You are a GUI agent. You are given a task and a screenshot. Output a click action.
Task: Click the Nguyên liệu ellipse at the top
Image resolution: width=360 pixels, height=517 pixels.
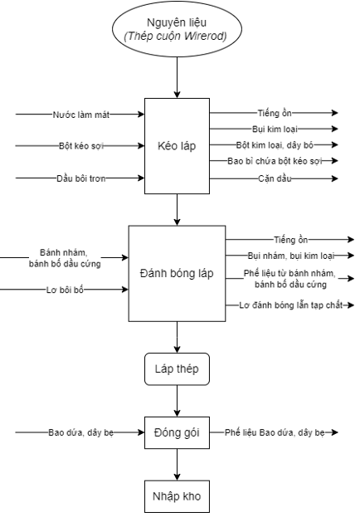(177, 29)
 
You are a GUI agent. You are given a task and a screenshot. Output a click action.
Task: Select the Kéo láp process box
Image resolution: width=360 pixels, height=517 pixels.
(177, 146)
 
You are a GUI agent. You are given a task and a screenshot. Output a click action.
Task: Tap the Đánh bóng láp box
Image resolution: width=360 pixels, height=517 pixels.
(177, 273)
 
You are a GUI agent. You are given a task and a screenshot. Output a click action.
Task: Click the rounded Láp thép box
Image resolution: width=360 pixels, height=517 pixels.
(177, 369)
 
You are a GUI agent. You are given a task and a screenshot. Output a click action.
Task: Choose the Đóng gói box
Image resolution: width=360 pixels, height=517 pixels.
(177, 432)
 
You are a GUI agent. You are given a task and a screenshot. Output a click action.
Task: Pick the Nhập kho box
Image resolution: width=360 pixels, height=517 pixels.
(177, 496)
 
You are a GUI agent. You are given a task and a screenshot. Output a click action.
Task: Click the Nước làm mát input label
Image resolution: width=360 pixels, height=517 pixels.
(81, 115)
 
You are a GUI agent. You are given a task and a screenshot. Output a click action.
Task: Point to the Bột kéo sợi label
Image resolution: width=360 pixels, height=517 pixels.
(81, 146)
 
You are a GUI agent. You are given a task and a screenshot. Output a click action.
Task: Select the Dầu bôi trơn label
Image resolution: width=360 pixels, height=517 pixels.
(81, 178)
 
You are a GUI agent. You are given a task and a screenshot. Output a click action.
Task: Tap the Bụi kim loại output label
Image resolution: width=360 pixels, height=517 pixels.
(275, 129)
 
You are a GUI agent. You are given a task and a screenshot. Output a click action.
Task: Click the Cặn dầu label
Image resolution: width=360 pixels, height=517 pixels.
(275, 178)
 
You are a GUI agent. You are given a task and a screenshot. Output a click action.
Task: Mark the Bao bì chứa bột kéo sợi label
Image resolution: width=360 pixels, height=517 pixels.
(275, 161)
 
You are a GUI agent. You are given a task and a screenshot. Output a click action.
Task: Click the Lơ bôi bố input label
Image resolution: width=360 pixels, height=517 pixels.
(65, 290)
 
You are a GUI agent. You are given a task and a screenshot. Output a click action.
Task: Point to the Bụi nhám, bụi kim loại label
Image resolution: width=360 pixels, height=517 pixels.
(291, 256)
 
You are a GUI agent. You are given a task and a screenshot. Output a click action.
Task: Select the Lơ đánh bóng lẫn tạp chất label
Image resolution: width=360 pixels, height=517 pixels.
(291, 305)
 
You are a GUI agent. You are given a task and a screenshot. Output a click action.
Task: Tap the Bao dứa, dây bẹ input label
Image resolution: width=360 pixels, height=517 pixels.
(80, 432)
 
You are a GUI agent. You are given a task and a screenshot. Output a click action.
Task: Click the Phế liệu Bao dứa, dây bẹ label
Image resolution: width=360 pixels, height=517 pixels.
(275, 432)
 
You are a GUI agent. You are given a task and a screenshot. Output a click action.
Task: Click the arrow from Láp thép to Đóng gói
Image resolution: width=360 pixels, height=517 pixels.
(177, 401)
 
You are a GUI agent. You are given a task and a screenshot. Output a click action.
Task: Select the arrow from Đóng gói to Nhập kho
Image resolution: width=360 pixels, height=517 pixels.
(177, 465)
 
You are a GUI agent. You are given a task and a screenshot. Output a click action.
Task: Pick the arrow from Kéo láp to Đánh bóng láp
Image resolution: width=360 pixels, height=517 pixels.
(177, 210)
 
